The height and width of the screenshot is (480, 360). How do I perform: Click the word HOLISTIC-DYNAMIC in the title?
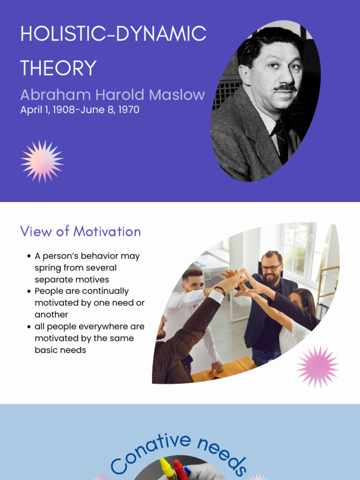tap(113, 34)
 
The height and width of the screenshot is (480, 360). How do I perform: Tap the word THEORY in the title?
tap(59, 68)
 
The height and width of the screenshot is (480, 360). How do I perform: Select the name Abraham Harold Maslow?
tap(112, 95)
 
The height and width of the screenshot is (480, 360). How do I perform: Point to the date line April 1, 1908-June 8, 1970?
tap(80, 110)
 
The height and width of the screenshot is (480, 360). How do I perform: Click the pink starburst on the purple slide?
tap(42, 161)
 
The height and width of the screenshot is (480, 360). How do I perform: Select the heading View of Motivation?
tap(80, 232)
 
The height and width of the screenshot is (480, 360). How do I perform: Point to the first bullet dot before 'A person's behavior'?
tap(29, 256)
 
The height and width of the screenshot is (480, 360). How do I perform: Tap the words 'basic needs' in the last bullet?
tap(60, 350)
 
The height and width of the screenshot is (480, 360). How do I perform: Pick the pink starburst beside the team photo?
tap(317, 367)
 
